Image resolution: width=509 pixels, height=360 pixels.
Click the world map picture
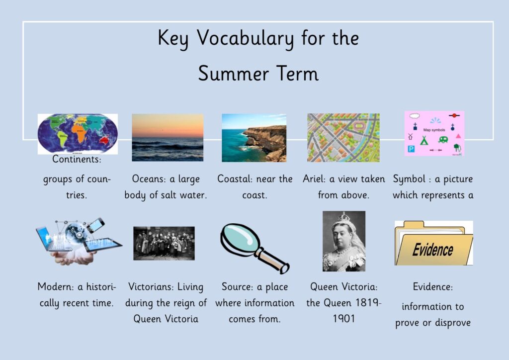78,134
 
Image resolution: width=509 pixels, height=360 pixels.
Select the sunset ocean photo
168,137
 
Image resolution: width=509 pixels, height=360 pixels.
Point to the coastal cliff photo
254,138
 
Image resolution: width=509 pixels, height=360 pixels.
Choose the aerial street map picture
343,138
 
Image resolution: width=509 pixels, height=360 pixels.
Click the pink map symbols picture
434,133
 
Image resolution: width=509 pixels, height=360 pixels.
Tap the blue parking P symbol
411,149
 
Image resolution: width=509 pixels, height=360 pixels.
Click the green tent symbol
424,140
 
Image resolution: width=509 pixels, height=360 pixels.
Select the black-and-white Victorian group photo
164,243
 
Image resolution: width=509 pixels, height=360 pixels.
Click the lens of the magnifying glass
240,241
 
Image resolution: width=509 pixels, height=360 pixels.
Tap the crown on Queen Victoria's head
343,216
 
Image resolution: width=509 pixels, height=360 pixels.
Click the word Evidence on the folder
433,250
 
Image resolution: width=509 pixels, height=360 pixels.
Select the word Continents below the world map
77,159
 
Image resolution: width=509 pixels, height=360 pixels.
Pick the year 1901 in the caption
344,318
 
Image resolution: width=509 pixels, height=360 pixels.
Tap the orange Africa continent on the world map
79,133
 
